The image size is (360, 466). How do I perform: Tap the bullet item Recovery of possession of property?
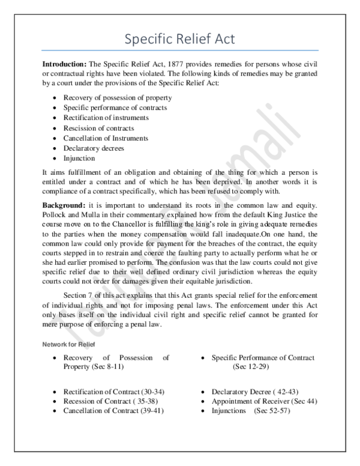(118, 97)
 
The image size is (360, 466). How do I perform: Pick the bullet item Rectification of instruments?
(106, 118)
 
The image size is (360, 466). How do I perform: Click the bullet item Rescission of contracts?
(98, 128)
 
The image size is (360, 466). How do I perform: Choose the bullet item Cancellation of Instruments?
(106, 138)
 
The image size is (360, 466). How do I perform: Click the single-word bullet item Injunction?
(79, 159)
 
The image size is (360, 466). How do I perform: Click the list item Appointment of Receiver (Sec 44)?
(264, 401)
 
